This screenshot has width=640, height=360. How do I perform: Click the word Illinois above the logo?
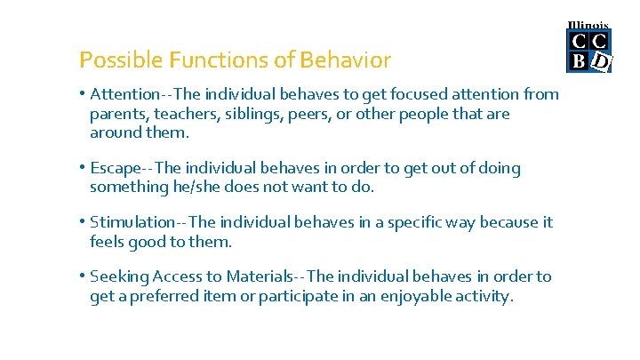(x=588, y=25)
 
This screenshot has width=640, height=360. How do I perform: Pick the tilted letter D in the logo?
(x=601, y=61)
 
